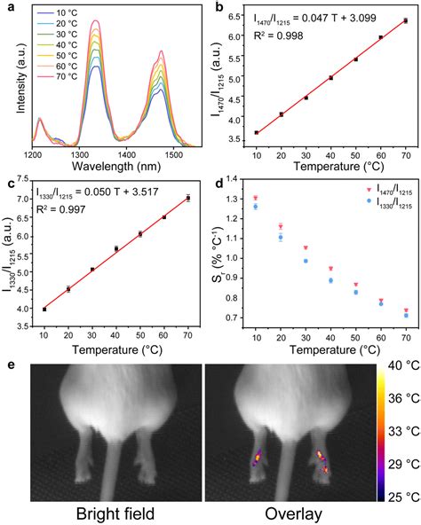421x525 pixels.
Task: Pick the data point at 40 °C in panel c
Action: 116,249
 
